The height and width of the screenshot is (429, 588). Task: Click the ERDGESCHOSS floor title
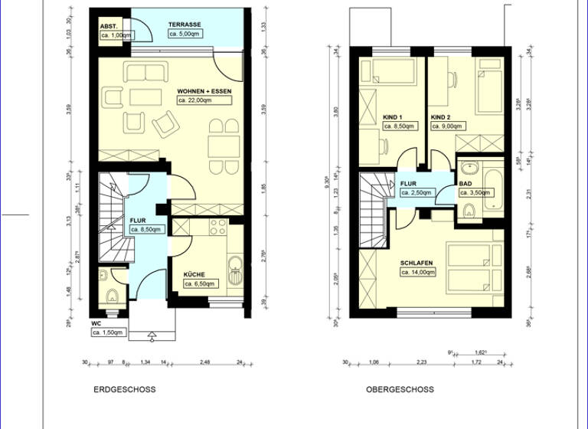tap(124, 389)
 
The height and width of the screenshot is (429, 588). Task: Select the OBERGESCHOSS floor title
tap(399, 389)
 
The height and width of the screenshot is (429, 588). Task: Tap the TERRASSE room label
tap(185, 25)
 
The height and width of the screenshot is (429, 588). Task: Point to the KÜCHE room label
tap(194, 273)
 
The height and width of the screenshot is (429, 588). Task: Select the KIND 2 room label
tap(440, 117)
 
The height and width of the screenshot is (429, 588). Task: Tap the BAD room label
tap(465, 184)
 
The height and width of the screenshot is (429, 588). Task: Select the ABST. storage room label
tap(107, 26)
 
